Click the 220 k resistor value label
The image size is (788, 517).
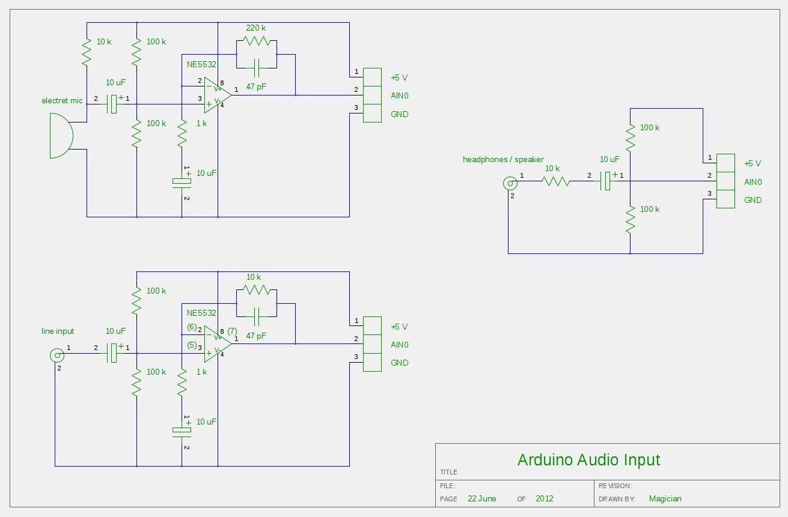(255, 28)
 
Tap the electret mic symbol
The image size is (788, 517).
(62, 136)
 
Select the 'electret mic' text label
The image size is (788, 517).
(62, 100)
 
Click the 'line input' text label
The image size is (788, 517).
(58, 331)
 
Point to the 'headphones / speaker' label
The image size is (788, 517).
(503, 159)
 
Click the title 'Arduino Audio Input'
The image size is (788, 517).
(588, 460)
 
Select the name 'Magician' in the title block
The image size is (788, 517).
(665, 498)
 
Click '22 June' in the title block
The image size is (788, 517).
(481, 498)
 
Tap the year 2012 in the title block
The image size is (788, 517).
(544, 498)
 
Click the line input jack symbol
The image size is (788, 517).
(57, 355)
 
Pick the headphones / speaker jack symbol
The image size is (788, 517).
(510, 183)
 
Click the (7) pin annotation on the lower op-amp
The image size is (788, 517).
(232, 331)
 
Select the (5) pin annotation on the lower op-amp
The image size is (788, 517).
(192, 345)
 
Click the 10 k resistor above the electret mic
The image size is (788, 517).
(87, 52)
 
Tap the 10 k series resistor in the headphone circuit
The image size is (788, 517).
(555, 181)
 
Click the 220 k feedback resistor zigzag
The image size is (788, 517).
(257, 41)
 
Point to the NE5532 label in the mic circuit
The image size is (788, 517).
(201, 64)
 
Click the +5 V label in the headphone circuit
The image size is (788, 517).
(752, 163)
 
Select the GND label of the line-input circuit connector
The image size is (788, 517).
(399, 363)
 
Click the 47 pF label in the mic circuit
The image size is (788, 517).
(256, 86)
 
